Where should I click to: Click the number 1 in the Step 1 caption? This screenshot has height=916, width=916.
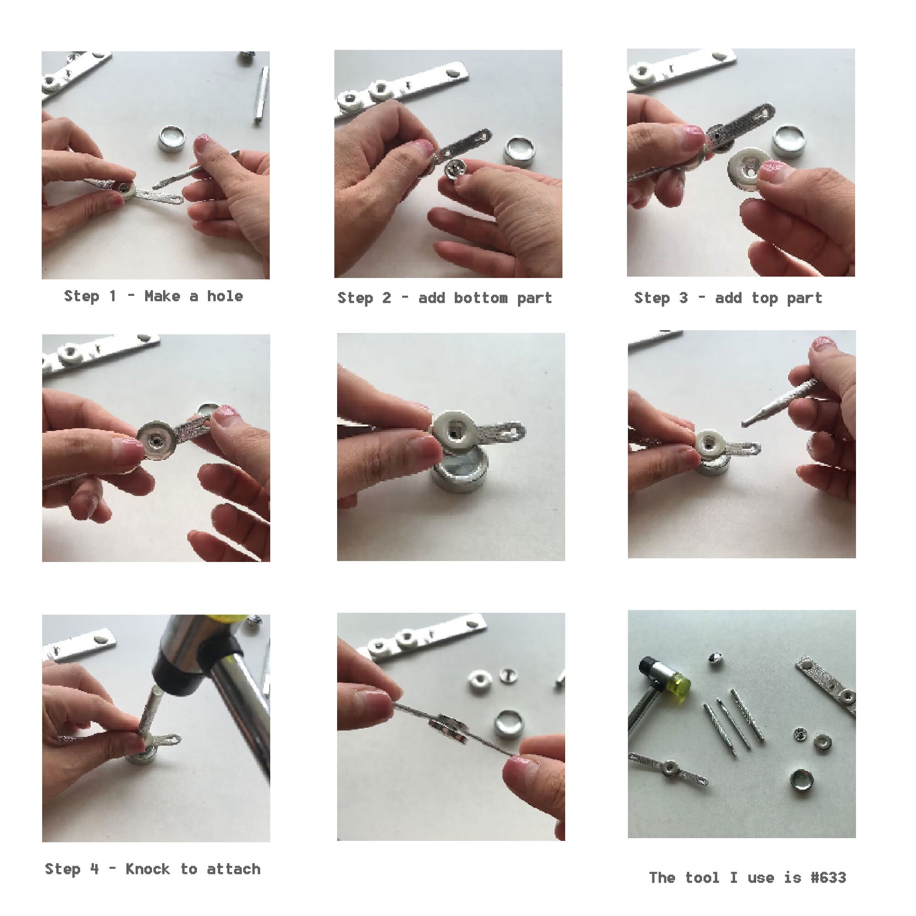click(113, 296)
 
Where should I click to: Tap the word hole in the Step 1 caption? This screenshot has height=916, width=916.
click(225, 296)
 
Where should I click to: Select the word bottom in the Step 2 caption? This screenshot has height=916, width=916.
click(480, 298)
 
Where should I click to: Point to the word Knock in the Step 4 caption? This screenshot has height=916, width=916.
click(147, 869)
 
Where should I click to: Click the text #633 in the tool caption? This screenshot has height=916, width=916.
click(828, 878)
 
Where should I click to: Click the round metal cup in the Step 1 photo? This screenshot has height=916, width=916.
click(172, 139)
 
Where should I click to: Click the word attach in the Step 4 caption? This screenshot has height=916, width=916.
click(234, 869)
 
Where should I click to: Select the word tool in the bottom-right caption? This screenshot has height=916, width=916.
click(703, 878)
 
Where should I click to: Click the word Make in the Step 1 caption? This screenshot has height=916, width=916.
click(162, 296)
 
